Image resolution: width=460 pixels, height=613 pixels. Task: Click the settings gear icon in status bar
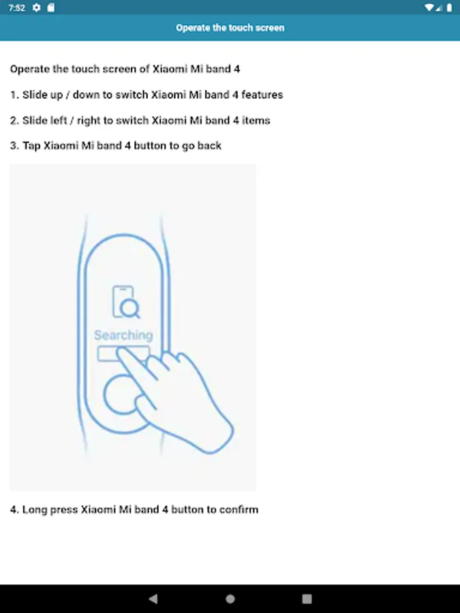tap(36, 7)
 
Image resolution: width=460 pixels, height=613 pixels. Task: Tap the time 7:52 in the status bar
tap(17, 7)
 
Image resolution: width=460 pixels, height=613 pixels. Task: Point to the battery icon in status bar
tap(449, 7)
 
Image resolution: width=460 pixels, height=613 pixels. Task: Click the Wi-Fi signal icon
tap(429, 7)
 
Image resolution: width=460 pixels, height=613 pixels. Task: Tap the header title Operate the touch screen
tap(230, 28)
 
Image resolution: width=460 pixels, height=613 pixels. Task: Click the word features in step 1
tap(262, 95)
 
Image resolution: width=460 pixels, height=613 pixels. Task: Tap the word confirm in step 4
tap(239, 509)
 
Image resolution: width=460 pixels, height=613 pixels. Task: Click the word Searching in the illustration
tap(123, 335)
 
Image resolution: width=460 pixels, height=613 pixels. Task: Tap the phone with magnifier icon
tap(125, 302)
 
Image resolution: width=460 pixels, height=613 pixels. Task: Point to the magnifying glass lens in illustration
tap(129, 308)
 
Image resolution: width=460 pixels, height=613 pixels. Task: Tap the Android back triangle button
tap(153, 599)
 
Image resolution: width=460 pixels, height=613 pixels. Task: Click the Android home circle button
tap(230, 599)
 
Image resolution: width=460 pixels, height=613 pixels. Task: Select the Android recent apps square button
tap(307, 599)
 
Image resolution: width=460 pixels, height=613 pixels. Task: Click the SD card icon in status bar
tap(51, 7)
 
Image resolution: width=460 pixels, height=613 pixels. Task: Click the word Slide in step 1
tap(33, 95)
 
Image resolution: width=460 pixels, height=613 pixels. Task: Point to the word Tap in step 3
tap(31, 146)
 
